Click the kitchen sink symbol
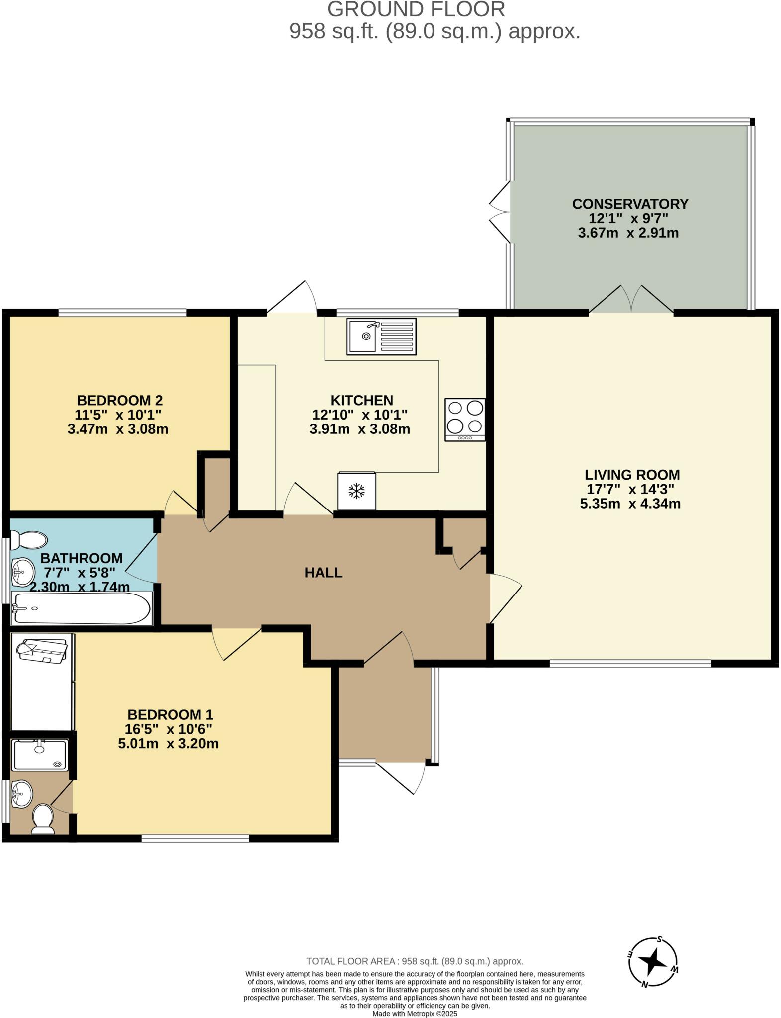(x=381, y=337)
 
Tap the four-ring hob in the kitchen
(x=465, y=419)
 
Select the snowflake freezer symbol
(x=356, y=491)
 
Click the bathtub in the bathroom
(x=81, y=608)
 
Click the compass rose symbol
(x=653, y=963)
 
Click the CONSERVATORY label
(x=630, y=204)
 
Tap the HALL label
(x=323, y=573)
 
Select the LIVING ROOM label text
(x=632, y=475)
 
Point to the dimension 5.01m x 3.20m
(x=168, y=744)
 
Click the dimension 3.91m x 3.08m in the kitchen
(x=359, y=429)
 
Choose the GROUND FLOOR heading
(x=416, y=9)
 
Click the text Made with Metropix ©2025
(x=415, y=1013)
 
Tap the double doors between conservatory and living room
(x=631, y=300)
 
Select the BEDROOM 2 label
(x=120, y=400)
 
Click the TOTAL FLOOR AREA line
(x=415, y=961)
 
